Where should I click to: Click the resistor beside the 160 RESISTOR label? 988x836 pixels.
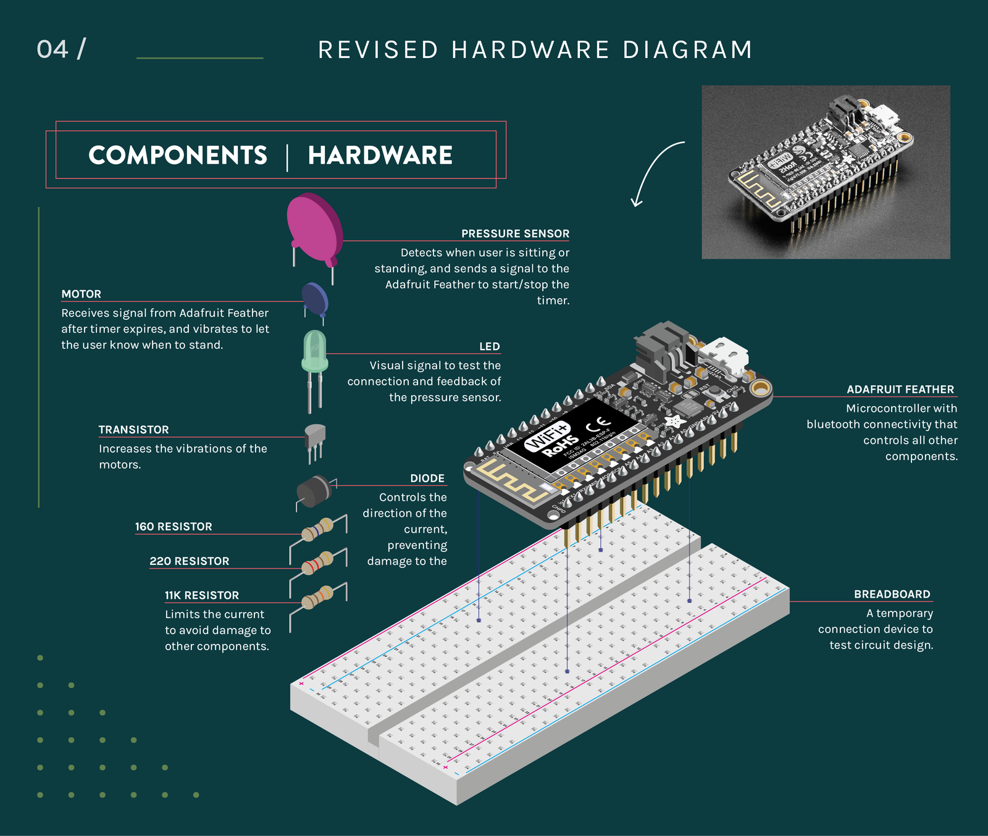coord(317,530)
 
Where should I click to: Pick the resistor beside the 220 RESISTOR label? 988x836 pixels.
coord(317,563)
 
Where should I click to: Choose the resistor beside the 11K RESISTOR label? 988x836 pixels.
coord(317,598)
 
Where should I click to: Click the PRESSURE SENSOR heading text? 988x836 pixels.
coord(515,234)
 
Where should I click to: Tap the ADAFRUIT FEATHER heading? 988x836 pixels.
coord(900,390)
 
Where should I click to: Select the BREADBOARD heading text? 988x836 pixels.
coord(892,595)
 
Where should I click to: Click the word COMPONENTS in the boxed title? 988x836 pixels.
coord(178,156)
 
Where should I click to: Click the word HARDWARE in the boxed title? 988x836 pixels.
coord(380,156)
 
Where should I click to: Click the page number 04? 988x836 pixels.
coord(52,49)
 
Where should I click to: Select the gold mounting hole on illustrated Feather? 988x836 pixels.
coord(761,388)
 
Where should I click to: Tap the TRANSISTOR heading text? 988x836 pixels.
coord(133,430)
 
